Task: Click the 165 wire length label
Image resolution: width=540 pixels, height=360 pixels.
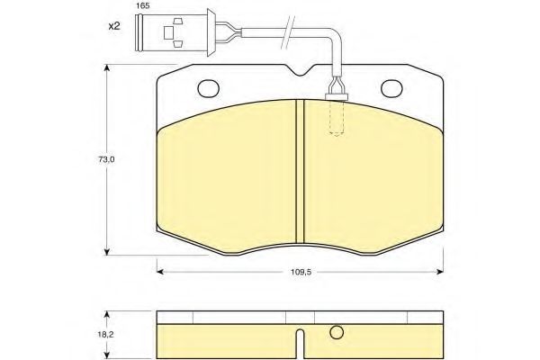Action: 142,6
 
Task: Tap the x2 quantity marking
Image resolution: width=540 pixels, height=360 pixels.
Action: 114,26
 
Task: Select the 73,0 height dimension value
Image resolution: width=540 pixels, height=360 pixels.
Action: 106,159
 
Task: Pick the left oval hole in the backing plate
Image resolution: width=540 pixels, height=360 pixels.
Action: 209,88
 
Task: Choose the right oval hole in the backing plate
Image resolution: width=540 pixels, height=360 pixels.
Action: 391,88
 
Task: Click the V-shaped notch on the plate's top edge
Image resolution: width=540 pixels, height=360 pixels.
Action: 301,70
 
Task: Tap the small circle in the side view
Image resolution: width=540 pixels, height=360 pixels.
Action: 337,332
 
